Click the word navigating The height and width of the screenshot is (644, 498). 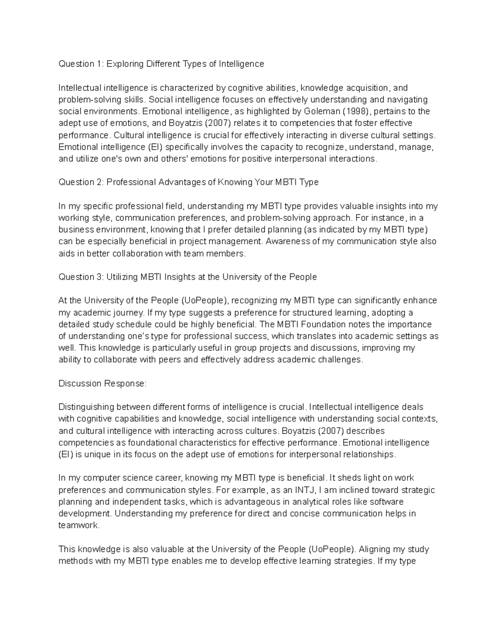tap(408, 100)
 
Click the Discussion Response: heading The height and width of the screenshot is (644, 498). tap(103, 384)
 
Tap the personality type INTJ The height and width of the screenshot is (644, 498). tap(305, 490)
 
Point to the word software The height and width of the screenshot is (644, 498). tap(386, 502)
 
